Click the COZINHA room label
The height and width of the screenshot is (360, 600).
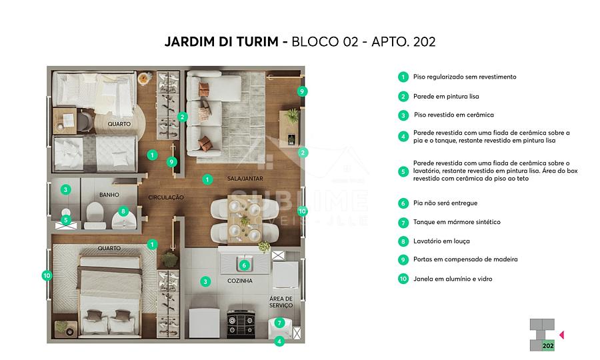[x=240, y=281]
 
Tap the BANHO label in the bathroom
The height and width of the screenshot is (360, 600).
[x=109, y=195]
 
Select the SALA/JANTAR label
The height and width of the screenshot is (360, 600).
[x=245, y=178]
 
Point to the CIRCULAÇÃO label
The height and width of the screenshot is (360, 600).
[x=166, y=197]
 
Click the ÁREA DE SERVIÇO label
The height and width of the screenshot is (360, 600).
[x=281, y=302]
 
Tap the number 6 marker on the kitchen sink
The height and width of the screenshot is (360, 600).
[x=244, y=265]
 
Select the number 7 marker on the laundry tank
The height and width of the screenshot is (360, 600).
[x=279, y=323]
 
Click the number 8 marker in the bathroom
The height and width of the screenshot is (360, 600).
[x=123, y=211]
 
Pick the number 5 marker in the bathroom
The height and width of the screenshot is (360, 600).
[x=66, y=220]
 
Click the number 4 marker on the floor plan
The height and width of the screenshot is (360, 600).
[x=279, y=341]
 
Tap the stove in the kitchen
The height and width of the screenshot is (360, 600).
[x=241, y=324]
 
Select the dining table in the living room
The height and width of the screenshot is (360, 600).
[x=245, y=219]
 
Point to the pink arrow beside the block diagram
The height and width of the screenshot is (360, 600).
[x=562, y=335]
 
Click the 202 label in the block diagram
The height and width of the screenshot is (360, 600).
[x=548, y=345]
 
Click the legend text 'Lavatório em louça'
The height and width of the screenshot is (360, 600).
[x=441, y=241]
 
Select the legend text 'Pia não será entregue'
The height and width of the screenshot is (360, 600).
[x=445, y=203]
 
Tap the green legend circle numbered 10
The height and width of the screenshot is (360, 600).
[x=403, y=279]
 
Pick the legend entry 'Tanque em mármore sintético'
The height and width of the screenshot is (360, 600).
[x=457, y=222]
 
